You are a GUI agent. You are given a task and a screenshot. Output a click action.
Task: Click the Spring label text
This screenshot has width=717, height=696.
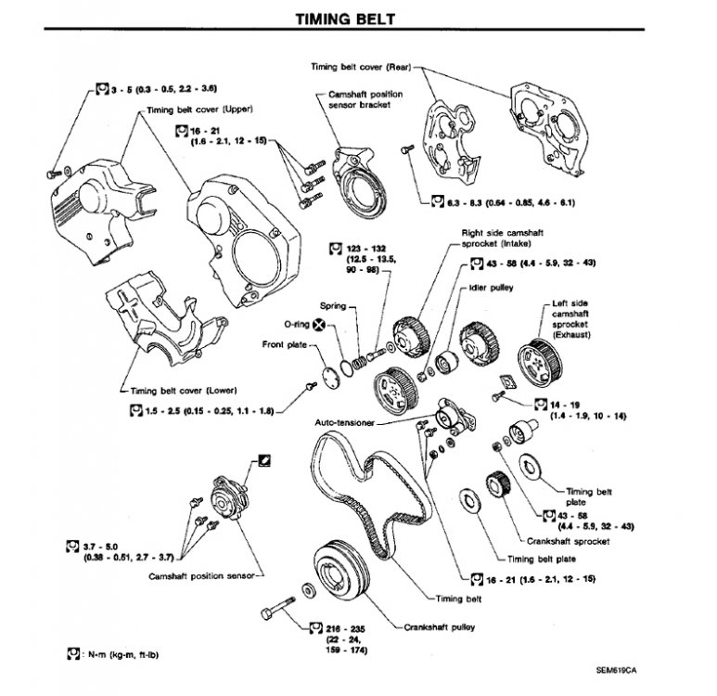click(333, 305)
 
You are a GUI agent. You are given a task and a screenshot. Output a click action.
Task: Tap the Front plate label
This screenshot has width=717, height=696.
click(284, 345)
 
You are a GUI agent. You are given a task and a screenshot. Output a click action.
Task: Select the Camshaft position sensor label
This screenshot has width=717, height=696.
click(198, 575)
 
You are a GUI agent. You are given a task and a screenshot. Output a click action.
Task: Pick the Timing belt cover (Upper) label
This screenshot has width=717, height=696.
click(200, 109)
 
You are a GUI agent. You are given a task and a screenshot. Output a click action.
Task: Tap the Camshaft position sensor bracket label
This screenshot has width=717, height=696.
click(363, 101)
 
